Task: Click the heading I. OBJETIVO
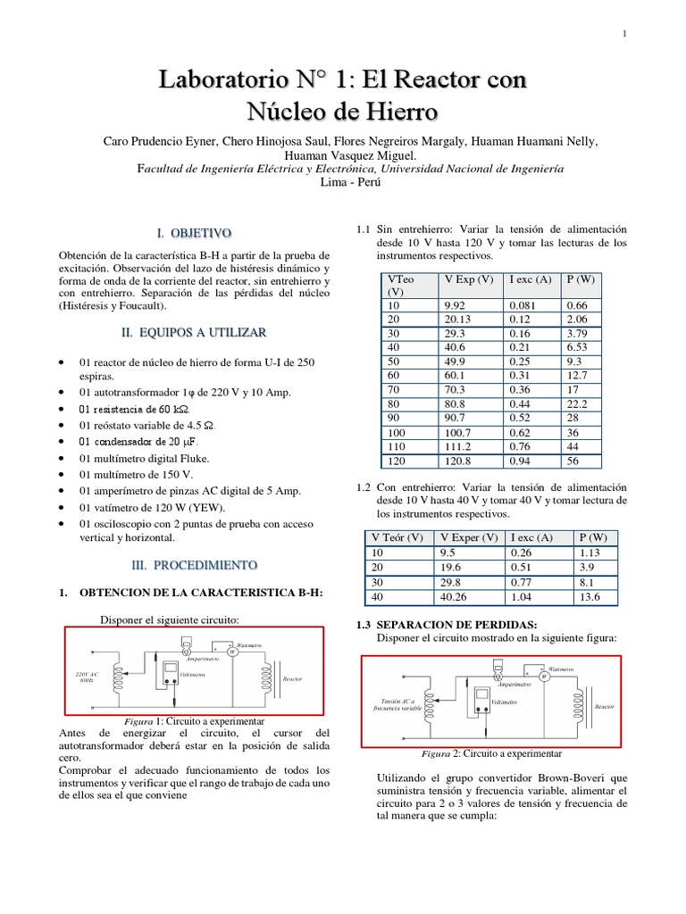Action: click(194, 233)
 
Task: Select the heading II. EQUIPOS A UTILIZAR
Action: click(194, 332)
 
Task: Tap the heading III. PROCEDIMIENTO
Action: click(194, 565)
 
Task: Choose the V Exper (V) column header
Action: click(469, 537)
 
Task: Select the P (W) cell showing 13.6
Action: click(594, 597)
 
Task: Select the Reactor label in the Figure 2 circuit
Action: click(605, 706)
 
